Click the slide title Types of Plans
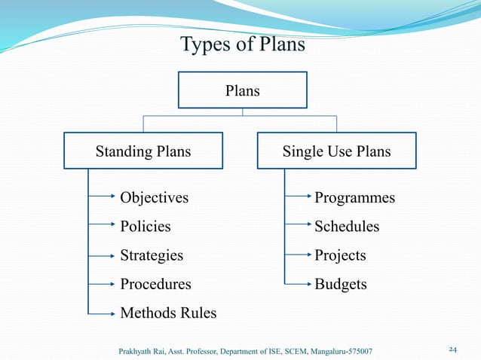coord(243,45)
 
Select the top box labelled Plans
coord(242,91)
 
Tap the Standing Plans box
coord(143,151)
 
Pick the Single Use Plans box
coord(336,151)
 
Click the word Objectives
coord(155,198)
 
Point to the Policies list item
coord(146,227)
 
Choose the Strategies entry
coord(152,255)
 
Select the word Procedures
coord(155,285)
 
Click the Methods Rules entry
coord(168,313)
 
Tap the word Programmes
coord(354,198)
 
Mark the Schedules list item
coord(347,227)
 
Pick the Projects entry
coord(340,255)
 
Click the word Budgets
coord(341,285)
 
